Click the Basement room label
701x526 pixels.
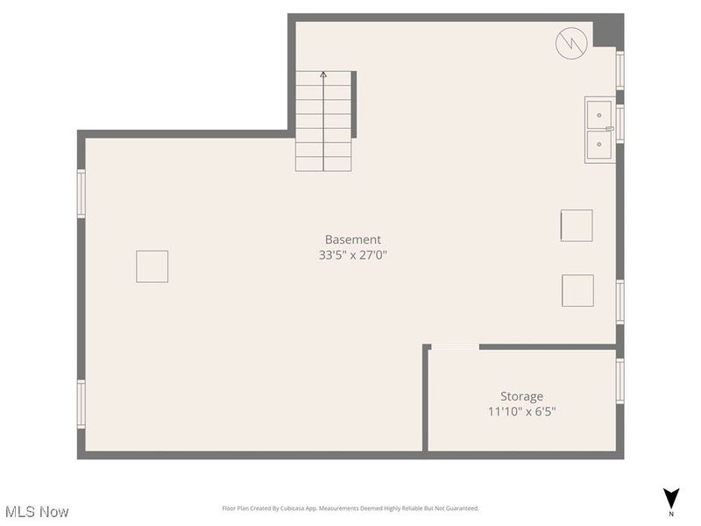coord(353,239)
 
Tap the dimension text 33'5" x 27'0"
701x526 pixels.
coord(353,256)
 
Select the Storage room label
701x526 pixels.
coord(521,396)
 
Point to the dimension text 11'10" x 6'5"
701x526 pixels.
coord(521,411)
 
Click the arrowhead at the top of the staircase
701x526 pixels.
coord(323,75)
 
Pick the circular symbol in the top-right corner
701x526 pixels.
coord(570,43)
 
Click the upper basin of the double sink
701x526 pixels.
coord(599,114)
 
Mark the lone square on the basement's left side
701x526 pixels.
coord(152,267)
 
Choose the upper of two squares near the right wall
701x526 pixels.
coord(577,225)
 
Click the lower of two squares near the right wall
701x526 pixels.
coord(577,290)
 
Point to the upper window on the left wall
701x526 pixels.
coord(81,194)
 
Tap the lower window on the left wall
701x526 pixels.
coord(81,403)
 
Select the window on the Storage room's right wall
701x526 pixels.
coord(620,381)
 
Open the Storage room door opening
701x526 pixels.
coord(455,347)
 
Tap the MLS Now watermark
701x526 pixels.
coord(37,511)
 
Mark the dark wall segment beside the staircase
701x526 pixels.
coord(354,104)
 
